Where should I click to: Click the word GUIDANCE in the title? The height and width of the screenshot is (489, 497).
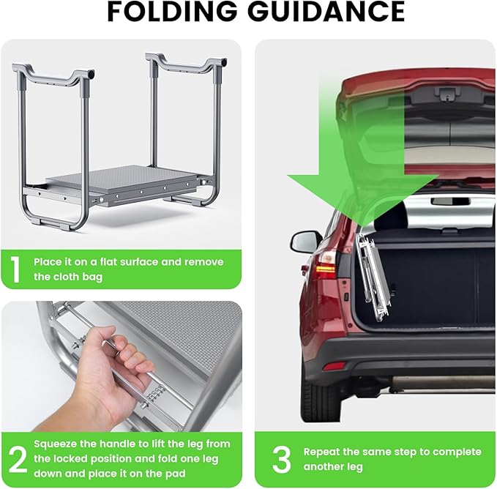326,12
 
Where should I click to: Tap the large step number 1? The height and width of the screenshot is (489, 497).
15,269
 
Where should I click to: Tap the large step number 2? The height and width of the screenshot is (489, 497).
18,459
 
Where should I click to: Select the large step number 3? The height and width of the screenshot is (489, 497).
281,459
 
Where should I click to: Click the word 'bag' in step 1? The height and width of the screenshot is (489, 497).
92,277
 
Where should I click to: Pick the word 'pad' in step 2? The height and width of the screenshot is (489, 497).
175,474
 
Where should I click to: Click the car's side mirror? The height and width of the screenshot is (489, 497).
304,242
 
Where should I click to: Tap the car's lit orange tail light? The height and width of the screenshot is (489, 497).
325,269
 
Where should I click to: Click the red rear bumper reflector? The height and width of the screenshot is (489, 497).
334,366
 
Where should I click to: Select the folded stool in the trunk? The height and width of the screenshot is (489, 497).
373,278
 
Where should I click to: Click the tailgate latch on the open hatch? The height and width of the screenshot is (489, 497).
447,93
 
